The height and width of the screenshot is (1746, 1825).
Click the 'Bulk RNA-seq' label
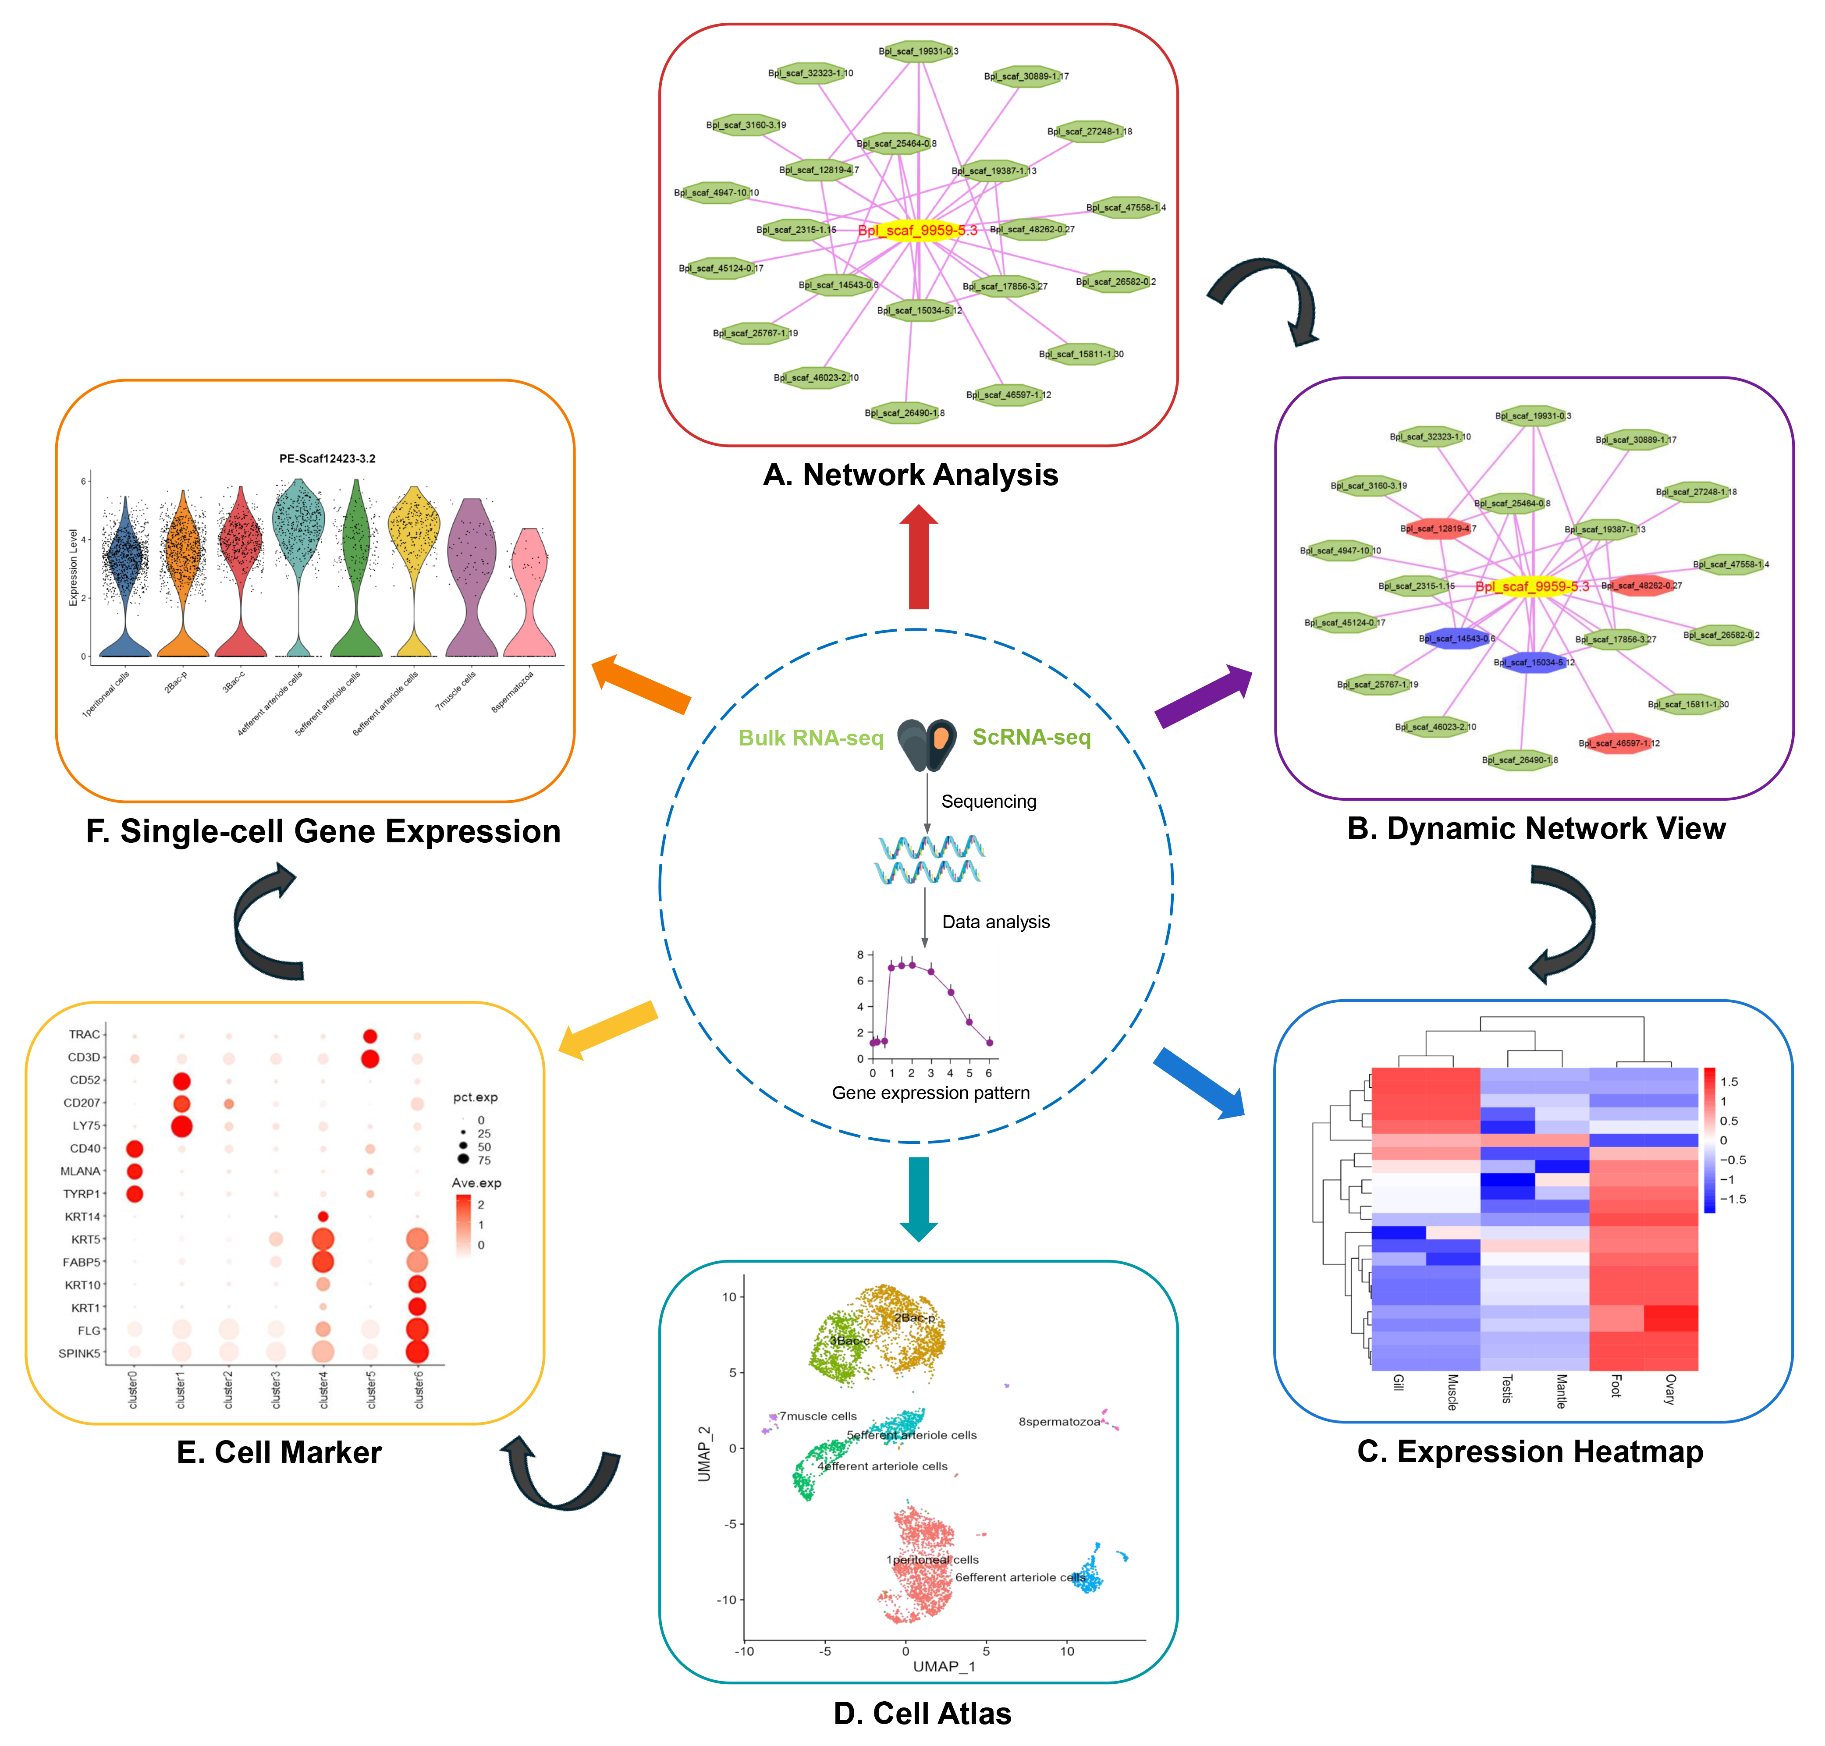coord(810,738)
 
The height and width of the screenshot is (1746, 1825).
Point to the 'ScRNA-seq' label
coord(1031,737)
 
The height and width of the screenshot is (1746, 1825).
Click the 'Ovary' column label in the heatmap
coord(1669,1389)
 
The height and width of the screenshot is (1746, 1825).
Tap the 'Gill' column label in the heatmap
coord(1398,1382)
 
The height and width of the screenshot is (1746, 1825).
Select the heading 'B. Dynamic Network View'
coord(1536,828)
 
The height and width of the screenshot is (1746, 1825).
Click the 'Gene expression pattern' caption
coord(930,1093)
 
